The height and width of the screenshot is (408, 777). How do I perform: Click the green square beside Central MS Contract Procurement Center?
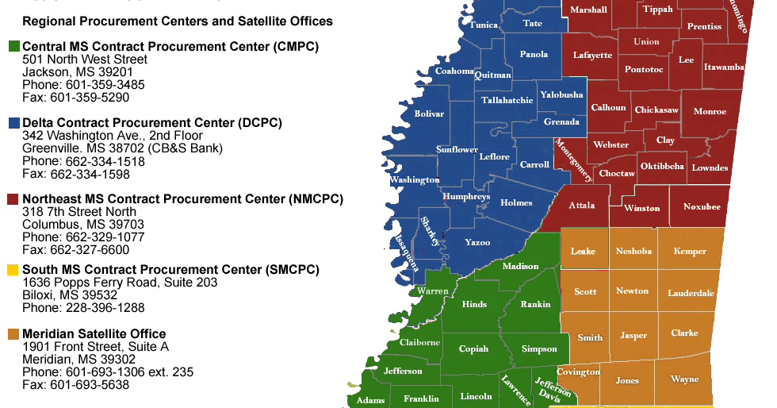(x=13, y=47)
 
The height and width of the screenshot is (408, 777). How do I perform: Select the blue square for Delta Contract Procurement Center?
(x=13, y=123)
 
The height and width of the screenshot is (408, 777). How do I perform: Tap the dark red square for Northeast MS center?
(x=13, y=199)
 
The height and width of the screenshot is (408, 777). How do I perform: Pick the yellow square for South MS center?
(x=13, y=270)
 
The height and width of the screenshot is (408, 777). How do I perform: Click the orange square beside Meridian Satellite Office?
(x=13, y=334)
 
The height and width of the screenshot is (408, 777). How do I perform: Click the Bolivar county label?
(x=429, y=114)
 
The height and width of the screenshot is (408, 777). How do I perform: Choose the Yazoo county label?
(x=477, y=242)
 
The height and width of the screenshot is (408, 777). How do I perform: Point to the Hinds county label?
(x=474, y=304)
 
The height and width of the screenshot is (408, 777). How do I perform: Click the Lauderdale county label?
(x=691, y=293)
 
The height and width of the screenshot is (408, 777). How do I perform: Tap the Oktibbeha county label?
(x=662, y=166)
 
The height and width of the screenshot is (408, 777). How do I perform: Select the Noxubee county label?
(x=702, y=206)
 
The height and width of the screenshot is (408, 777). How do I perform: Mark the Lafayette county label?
(x=592, y=56)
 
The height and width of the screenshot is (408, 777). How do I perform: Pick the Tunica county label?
(x=483, y=25)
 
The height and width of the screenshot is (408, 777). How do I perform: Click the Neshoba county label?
(x=633, y=252)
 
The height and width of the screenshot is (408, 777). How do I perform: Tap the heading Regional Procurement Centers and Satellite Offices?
(x=178, y=21)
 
